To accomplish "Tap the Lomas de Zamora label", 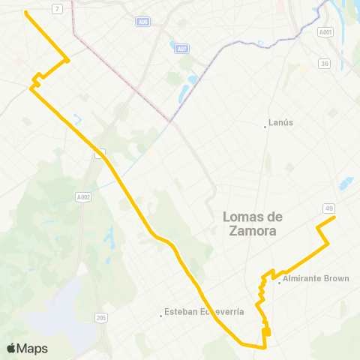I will pos(250,224).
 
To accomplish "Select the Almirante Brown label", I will pos(316,279).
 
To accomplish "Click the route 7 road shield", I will pos(58,8).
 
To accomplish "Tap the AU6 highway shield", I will pos(142,22).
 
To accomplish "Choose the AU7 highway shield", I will pos(181,49).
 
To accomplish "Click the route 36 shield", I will pos(324,64).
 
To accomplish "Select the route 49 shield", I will pos(329,208).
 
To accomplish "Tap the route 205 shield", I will pos(101,318).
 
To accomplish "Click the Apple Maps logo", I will pos(27,348).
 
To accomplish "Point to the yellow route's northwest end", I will pos(26,13).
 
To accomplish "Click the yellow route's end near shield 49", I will pos(334,217).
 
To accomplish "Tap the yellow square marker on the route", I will pos(266,332).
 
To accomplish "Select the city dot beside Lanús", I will pos(265,126).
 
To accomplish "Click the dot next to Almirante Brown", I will pos(279,282).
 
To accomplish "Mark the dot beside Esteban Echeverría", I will pos(161,315).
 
